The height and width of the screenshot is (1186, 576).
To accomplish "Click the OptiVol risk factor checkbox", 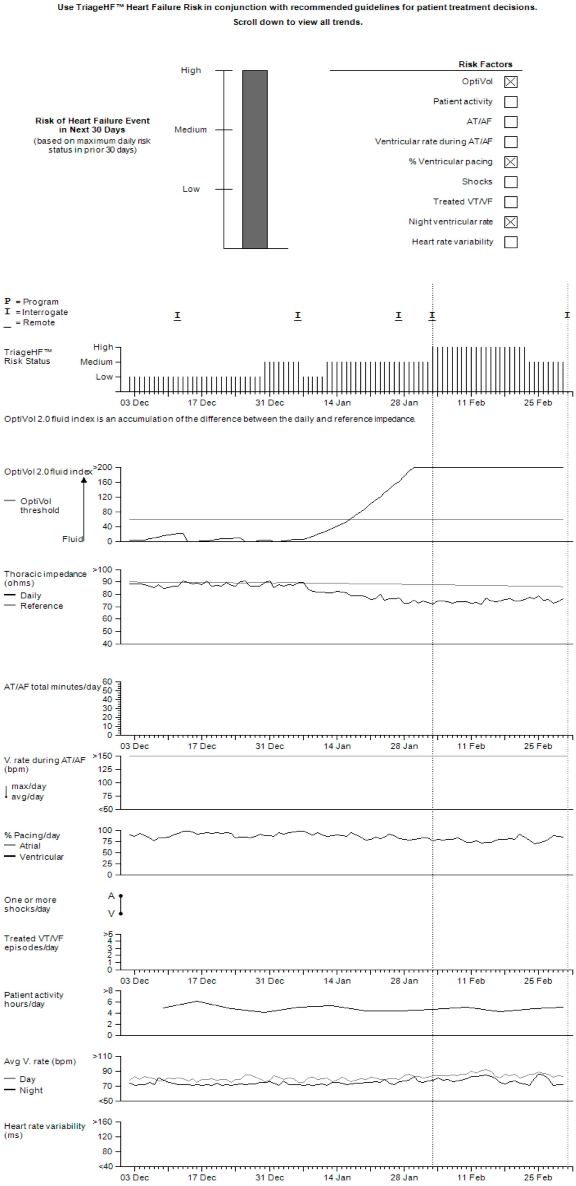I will coord(511,82).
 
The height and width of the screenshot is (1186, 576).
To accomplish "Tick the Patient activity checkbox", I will coord(511,102).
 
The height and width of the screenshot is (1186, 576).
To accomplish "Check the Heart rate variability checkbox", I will coord(511,242).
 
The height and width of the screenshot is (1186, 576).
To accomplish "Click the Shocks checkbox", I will coord(511,182).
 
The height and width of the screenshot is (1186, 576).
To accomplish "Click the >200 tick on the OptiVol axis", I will coord(103,467).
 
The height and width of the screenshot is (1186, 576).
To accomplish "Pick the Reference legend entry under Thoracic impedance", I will coord(41,606).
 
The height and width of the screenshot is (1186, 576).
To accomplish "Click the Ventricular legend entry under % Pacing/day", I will coord(41,857).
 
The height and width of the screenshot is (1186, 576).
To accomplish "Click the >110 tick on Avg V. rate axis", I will coord(103,1056).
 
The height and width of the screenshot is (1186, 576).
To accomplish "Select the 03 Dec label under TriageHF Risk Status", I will coord(134,403).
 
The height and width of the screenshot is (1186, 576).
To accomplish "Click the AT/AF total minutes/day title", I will coord(52,687).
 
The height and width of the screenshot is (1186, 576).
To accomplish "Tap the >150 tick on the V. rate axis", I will coord(103,756).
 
